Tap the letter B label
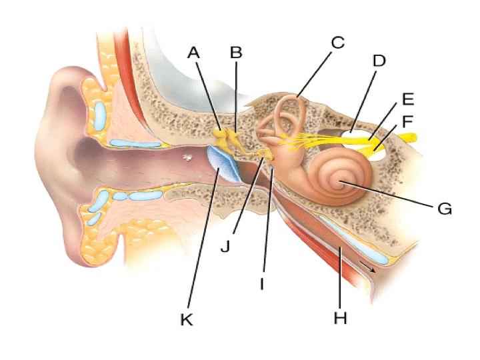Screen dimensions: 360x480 [236, 51]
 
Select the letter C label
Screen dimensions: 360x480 [337, 43]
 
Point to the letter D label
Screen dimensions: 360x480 [379, 61]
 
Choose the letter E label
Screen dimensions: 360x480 [407, 100]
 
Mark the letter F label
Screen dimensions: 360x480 [407, 122]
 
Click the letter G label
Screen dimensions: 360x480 [444, 209]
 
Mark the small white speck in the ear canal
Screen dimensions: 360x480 [189, 158]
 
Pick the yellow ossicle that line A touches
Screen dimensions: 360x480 [221, 137]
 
